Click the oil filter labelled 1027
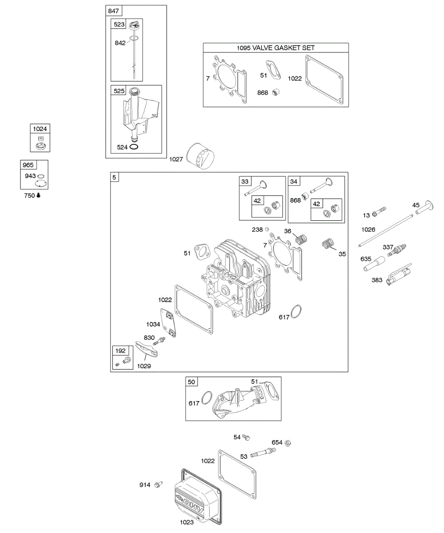201,156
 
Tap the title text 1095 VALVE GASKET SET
276,48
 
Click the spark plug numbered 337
397,250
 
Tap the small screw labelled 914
159,485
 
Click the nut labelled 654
288,442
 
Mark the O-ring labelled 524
135,147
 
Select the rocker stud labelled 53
262,453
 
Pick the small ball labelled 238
267,230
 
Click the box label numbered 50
191,382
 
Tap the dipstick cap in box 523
135,28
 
